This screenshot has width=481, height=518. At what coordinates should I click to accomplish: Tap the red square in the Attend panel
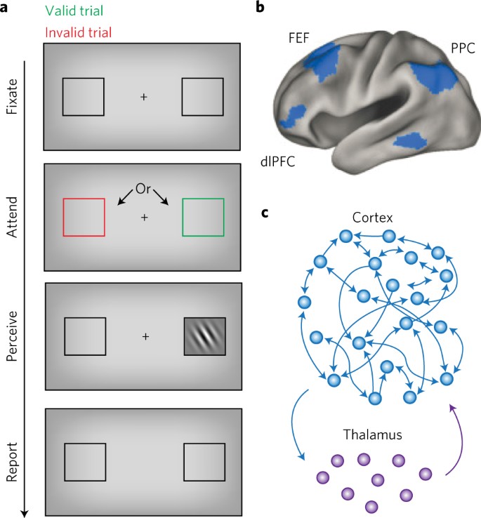[x=84, y=217]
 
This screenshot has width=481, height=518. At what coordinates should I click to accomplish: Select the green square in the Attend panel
[x=203, y=217]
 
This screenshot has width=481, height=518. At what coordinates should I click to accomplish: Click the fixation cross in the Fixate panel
[x=144, y=97]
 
